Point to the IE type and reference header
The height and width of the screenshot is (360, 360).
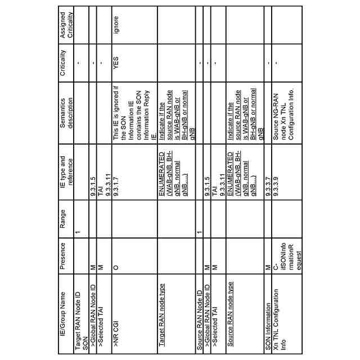click(x=66, y=172)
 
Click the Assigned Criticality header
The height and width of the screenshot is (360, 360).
click(x=66, y=26)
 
